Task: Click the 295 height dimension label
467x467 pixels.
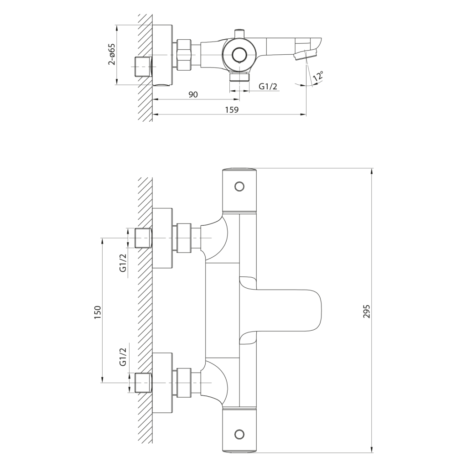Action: click(367, 311)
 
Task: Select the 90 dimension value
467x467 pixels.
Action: click(193, 94)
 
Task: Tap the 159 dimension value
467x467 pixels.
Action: click(232, 109)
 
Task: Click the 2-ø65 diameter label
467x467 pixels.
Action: click(111, 54)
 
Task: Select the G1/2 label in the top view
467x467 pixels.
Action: click(268, 87)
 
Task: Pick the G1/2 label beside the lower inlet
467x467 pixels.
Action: click(123, 356)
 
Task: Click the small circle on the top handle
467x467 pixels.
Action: click(239, 186)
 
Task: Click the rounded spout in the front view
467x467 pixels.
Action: click(292, 310)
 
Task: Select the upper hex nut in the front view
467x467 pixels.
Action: click(183, 238)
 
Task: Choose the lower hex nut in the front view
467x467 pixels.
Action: click(183, 382)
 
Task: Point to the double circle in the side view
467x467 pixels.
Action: click(239, 55)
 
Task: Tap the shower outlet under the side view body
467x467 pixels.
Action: click(240, 76)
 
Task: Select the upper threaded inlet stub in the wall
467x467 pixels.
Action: click(143, 238)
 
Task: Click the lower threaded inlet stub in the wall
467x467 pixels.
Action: click(143, 382)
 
